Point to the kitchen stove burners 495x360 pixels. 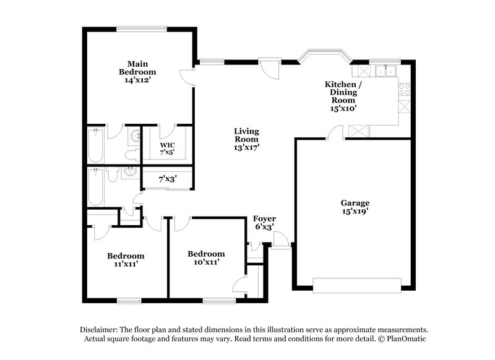(405, 89)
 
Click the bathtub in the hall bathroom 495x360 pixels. (96, 187)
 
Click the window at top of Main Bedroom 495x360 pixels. (142, 28)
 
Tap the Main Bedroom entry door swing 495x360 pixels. (187, 77)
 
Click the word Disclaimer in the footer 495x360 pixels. (101, 330)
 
